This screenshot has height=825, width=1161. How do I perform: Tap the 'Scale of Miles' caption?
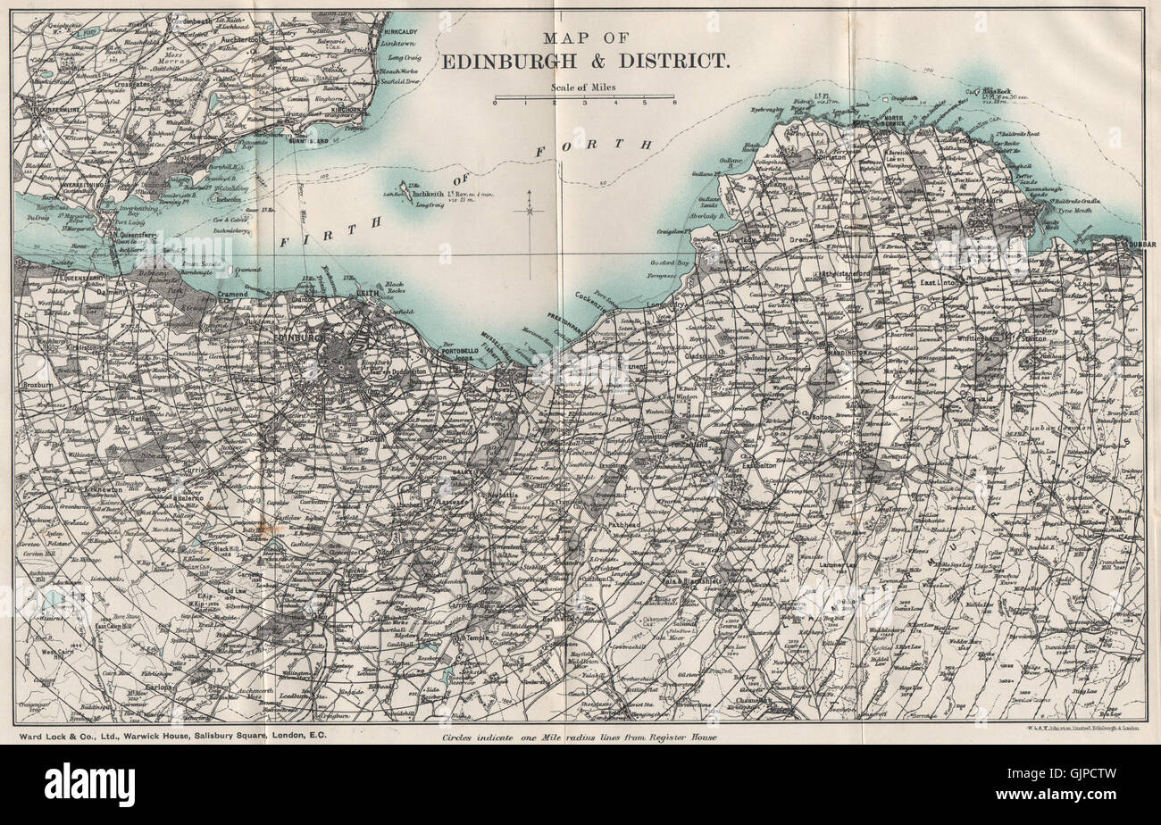[584, 87]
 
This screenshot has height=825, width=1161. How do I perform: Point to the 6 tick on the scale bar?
[674, 103]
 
